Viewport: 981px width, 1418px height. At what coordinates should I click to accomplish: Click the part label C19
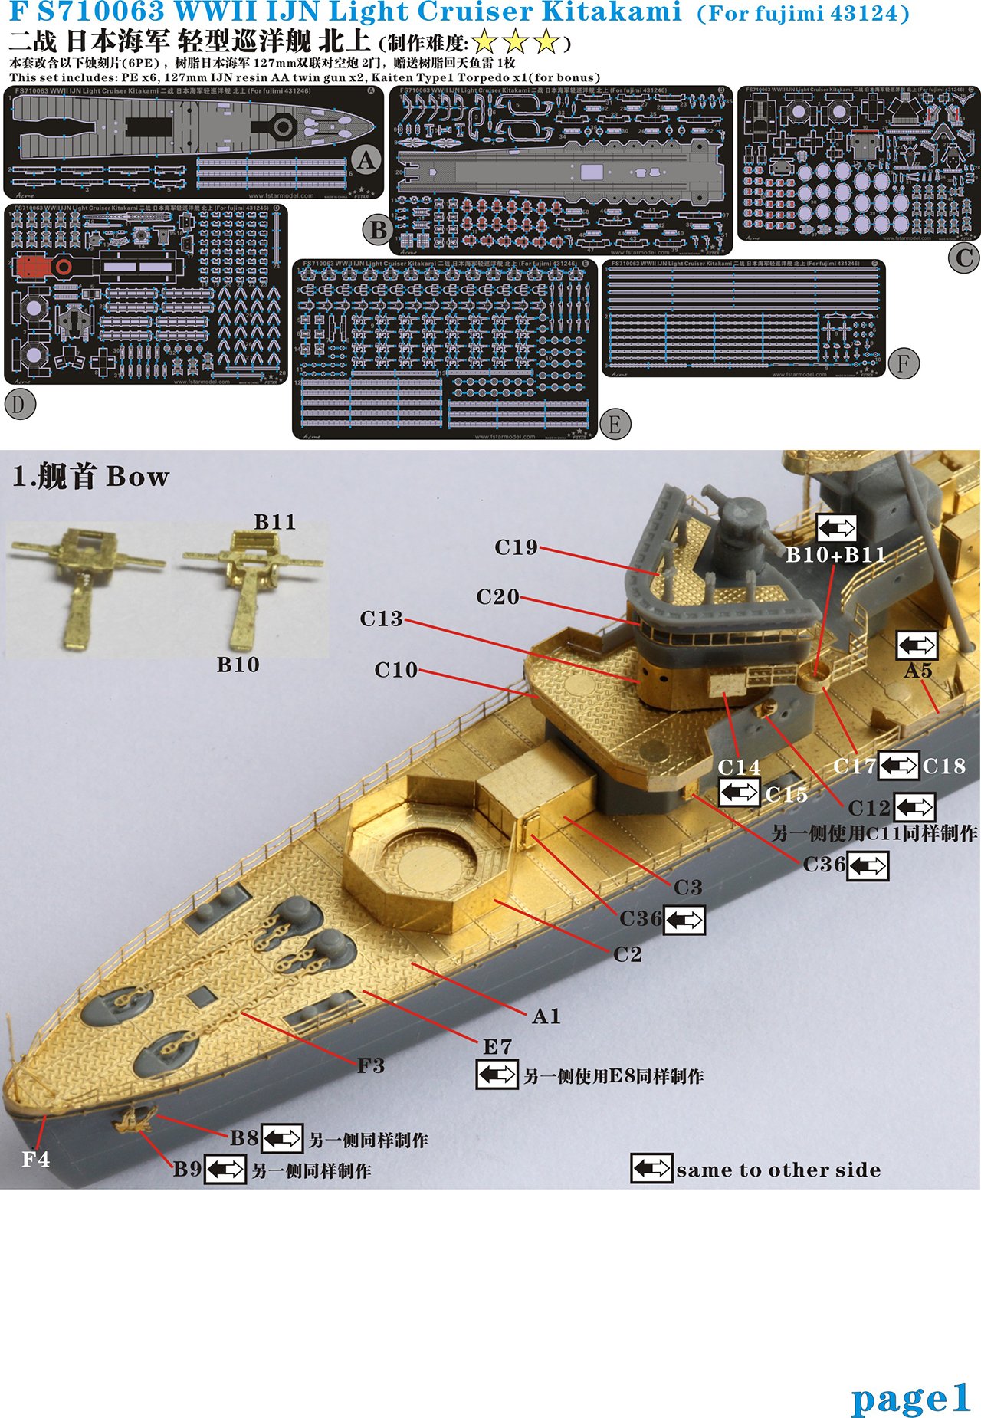coord(516,547)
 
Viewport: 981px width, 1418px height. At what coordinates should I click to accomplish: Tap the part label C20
coord(497,596)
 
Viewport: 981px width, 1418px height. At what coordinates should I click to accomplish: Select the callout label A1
coord(546,1016)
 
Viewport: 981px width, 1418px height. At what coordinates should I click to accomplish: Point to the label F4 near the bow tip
coord(35,1159)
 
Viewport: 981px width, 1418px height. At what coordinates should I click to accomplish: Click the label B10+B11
coord(835,554)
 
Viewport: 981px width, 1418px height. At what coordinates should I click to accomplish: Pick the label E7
coord(497,1046)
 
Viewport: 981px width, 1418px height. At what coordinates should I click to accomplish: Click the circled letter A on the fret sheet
coord(367,161)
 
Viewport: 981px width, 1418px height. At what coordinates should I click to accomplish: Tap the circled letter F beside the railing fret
coord(904,363)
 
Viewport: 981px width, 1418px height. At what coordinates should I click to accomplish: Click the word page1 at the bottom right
coord(910,1400)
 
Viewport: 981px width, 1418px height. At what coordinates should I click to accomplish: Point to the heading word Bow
coord(137,477)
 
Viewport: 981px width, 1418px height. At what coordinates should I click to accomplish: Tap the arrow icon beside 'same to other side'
coord(651,1169)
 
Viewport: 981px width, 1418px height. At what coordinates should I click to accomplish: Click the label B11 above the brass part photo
coord(274,522)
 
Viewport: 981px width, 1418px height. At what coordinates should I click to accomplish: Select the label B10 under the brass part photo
coord(238,665)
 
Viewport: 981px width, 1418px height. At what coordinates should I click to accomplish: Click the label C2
coord(627,954)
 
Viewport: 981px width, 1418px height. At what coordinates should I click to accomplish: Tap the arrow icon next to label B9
coord(225,1170)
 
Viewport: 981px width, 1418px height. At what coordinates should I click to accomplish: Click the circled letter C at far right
coord(963,258)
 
